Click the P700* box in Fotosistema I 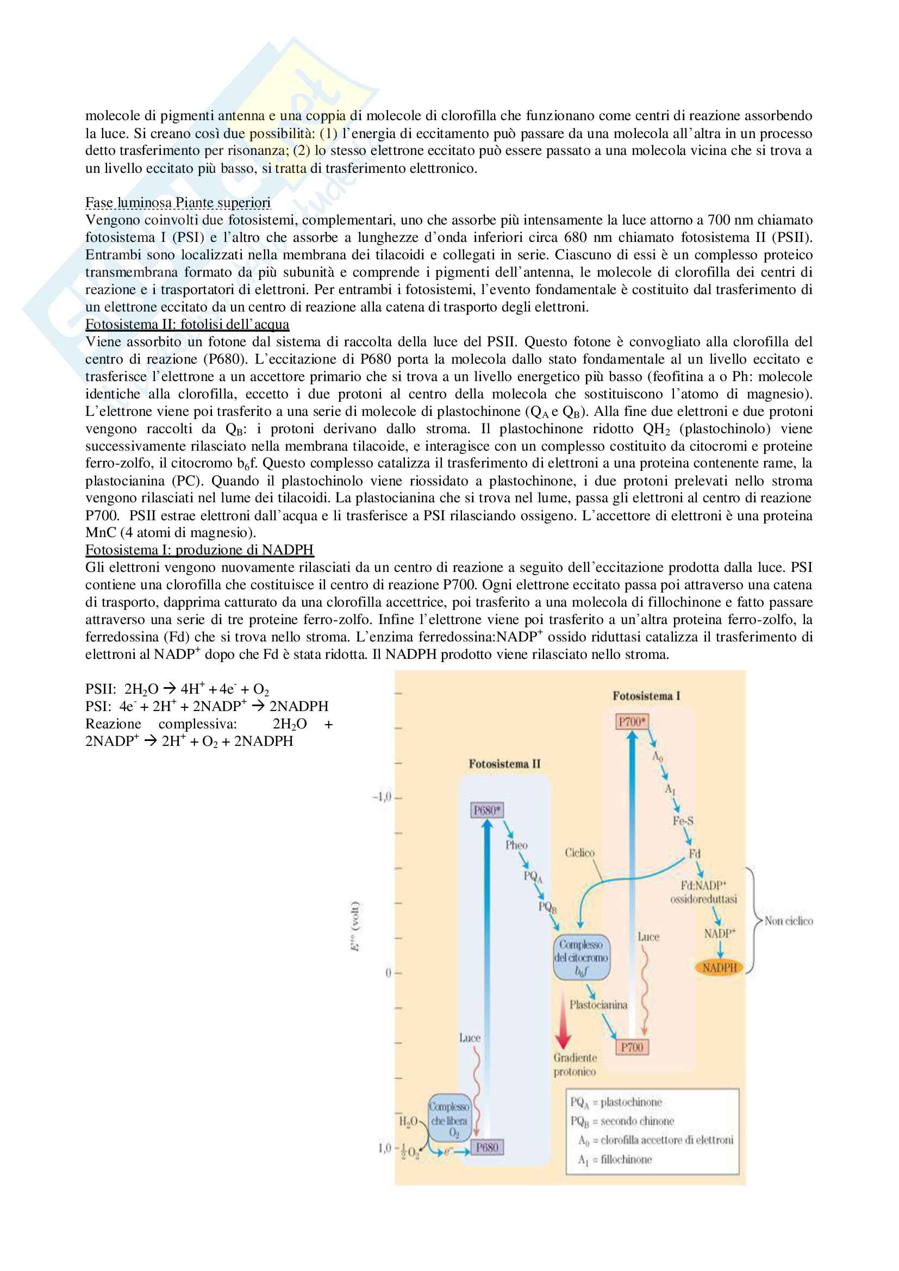632,722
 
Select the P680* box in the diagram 487,811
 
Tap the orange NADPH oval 720,968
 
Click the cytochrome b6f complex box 580,957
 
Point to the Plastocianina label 598,1005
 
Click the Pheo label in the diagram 516,845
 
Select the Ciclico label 579,853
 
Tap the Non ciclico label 788,921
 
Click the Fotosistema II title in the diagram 504,764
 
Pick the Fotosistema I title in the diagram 646,696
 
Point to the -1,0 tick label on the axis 382,797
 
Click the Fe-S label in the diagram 683,820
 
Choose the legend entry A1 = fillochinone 615,1159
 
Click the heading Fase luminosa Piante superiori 178,203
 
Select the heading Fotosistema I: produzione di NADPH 199,550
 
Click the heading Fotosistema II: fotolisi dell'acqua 187,325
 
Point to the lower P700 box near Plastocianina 632,1047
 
